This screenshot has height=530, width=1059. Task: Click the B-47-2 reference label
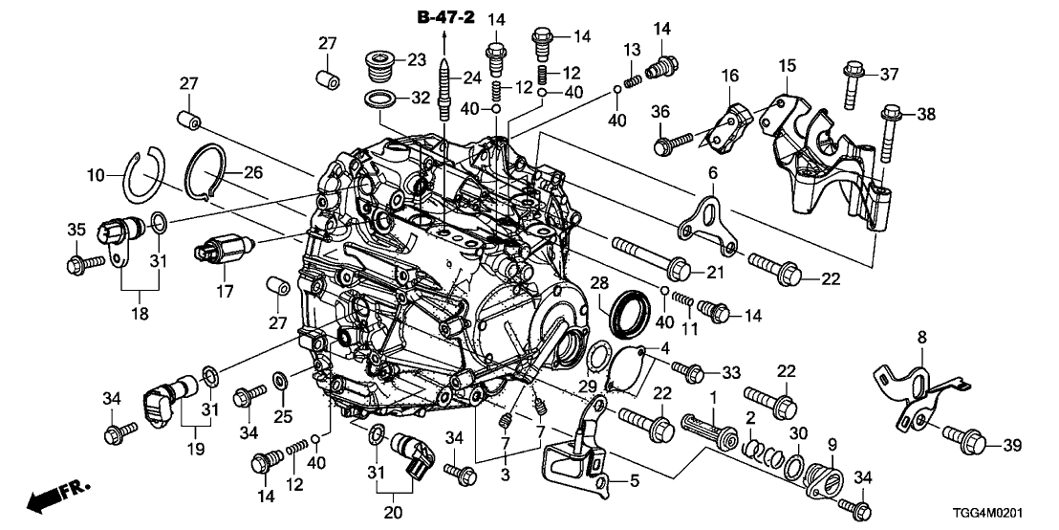[x=445, y=16]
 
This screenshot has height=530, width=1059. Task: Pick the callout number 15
[x=786, y=66]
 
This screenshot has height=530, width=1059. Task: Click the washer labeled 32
[x=382, y=99]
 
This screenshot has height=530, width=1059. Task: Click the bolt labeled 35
[x=79, y=260]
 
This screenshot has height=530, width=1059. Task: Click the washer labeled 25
[x=280, y=383]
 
